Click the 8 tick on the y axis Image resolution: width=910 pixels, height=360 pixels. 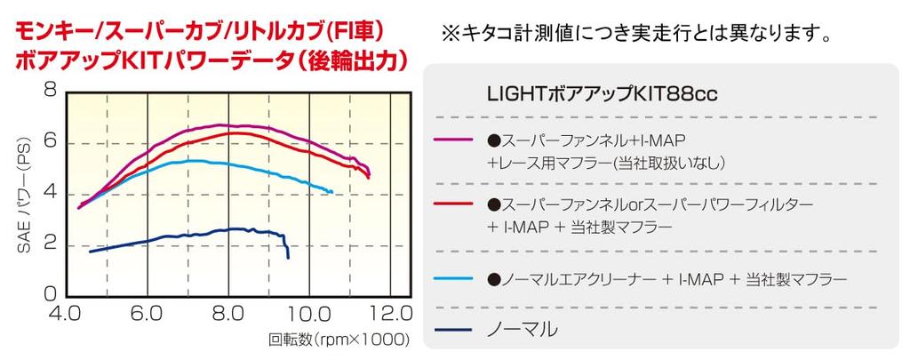click(49, 91)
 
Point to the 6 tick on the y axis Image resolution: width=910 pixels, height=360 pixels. click(49, 141)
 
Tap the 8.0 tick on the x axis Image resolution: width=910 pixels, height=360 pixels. click(228, 314)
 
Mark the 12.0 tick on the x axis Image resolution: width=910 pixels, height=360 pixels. click(390, 314)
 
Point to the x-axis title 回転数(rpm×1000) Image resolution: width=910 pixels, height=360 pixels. click(339, 340)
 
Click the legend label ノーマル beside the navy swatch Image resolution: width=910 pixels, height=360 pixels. click(523, 329)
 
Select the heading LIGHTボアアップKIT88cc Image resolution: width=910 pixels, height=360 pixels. click(602, 93)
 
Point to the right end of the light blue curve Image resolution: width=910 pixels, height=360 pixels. click(331, 191)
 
